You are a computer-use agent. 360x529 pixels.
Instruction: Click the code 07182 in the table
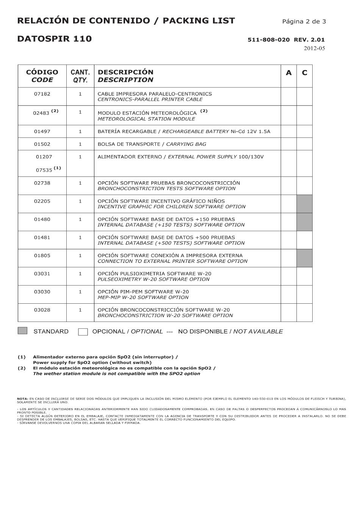tap(42, 94)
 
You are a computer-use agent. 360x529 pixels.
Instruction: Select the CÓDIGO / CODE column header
tap(42, 76)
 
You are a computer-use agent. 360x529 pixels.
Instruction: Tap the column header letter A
tap(289, 73)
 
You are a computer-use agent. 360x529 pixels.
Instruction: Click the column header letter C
tap(304, 73)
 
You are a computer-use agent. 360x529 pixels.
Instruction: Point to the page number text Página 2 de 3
tap(304, 21)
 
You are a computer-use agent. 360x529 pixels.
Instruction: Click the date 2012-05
tap(314, 48)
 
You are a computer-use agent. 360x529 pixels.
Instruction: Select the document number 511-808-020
tap(269, 39)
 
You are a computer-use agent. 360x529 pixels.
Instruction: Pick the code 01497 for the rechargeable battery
tap(42, 131)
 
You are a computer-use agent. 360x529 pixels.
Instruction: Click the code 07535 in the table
tap(44, 170)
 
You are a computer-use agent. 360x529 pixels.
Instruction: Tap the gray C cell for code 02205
tap(304, 204)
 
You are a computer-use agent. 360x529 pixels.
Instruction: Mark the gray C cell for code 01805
tap(304, 258)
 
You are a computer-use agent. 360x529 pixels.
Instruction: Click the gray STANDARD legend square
tap(22, 331)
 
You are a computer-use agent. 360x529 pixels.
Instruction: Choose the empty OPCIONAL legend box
tap(83, 332)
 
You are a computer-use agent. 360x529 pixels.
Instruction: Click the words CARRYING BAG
tap(186, 144)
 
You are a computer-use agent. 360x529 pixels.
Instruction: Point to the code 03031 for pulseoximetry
tap(42, 273)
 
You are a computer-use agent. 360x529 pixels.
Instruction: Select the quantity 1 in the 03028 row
tap(80, 310)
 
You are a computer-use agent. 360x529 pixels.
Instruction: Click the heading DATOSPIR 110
tap(55, 39)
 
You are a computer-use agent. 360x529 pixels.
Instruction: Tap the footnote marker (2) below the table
tap(22, 368)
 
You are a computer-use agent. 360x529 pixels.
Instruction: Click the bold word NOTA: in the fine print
tap(23, 398)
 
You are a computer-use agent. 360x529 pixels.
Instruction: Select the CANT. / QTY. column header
tap(80, 76)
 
